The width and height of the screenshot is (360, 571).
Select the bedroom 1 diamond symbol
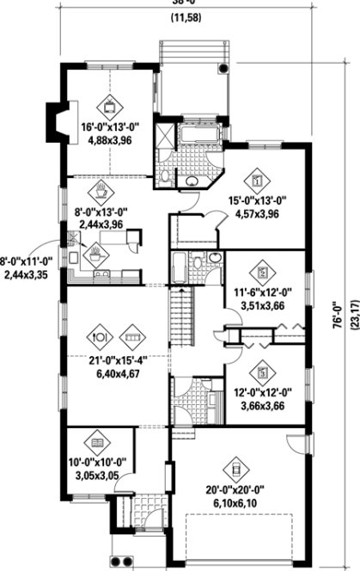(x=258, y=181)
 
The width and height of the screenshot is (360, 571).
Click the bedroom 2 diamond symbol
(x=264, y=271)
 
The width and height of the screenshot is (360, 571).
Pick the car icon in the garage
(x=232, y=470)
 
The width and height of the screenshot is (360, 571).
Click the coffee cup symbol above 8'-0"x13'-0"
(x=101, y=188)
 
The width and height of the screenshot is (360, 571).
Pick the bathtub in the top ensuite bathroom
(x=198, y=137)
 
